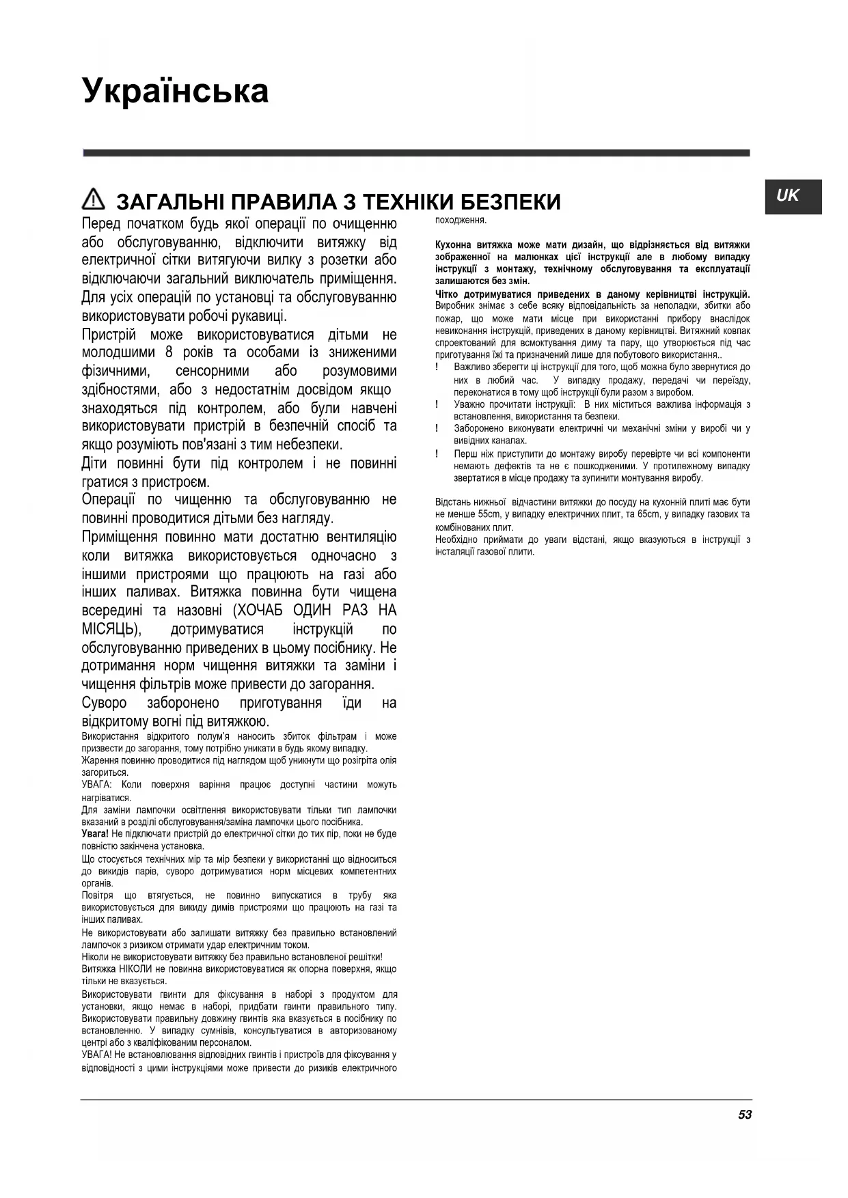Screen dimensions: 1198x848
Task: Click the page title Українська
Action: (x=176, y=91)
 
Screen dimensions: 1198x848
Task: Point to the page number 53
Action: (x=745, y=1114)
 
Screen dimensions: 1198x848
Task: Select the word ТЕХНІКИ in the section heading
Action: (x=405, y=202)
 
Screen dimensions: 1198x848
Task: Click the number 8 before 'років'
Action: (x=169, y=353)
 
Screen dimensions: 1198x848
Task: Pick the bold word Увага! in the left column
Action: (x=95, y=834)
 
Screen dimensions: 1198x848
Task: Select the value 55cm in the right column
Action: (x=489, y=514)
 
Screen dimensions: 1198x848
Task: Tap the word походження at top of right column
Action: (x=461, y=220)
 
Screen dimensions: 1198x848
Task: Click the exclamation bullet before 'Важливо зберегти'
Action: (x=437, y=367)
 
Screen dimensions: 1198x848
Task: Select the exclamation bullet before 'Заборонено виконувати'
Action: (x=437, y=429)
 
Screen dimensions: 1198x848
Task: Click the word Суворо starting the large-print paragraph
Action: (x=104, y=704)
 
